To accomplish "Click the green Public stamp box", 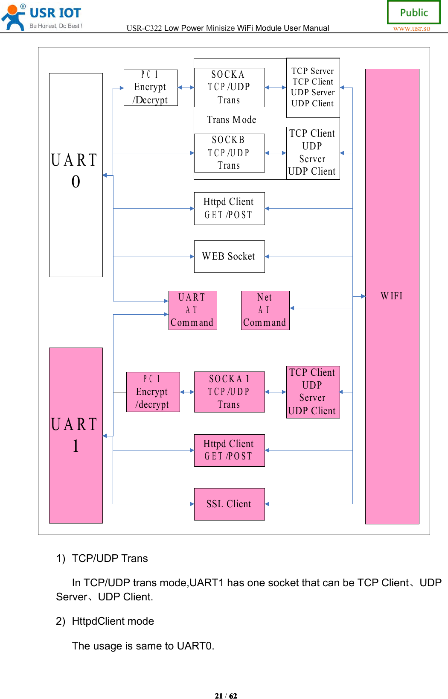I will [x=413, y=12].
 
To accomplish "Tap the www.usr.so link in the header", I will [x=411, y=29].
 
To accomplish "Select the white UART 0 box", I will [x=76, y=175].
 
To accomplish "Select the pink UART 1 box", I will [x=76, y=435].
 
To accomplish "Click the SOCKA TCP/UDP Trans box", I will [x=229, y=88].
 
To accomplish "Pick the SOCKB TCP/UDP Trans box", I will [x=229, y=153].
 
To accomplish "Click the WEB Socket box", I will [x=229, y=256].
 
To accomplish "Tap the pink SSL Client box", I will [x=229, y=504].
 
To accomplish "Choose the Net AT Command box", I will [x=265, y=310].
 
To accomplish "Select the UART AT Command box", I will [x=192, y=310].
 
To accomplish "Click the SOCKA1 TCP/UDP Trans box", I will [x=229, y=392].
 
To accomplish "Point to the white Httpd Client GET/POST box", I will [x=229, y=208].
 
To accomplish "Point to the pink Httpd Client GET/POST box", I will [x=229, y=450].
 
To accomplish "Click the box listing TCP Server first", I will [x=313, y=88].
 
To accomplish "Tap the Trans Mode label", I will [x=231, y=120].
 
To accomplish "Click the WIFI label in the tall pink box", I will [x=391, y=296].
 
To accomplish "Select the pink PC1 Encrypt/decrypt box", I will [x=153, y=392].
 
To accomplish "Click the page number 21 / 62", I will [x=226, y=696].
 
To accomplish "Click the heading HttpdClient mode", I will [x=113, y=621].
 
